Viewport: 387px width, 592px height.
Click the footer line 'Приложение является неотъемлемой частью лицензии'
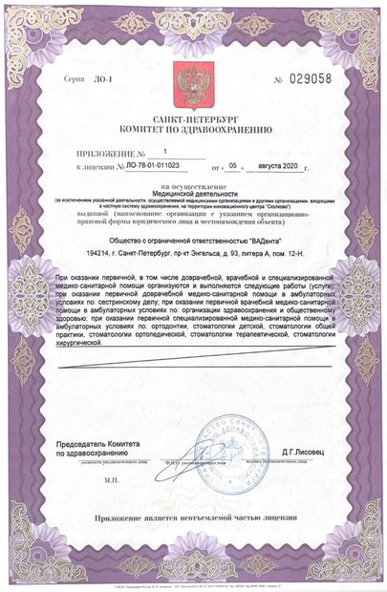coord(193,518)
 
